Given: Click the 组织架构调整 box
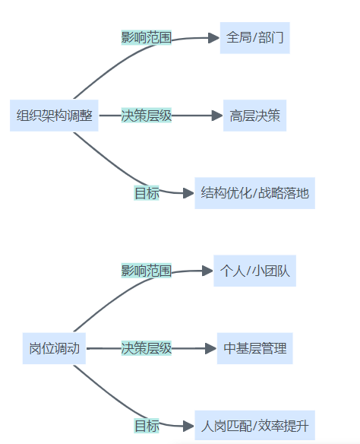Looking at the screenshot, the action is point(54,116).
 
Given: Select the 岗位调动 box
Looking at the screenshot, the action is point(54,348).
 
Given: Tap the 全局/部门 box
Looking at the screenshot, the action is point(254,38).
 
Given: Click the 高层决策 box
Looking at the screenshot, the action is point(254,116).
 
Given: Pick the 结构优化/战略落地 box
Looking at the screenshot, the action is point(254,193).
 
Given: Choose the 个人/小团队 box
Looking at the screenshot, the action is point(254,271).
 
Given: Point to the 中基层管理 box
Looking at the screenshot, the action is point(254,348).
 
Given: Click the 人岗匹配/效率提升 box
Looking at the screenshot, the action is point(254,426).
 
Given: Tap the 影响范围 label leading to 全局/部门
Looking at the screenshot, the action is point(147,37).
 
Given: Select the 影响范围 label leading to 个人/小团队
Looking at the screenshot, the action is point(147,271).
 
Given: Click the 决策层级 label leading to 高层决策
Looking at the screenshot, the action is point(147,116).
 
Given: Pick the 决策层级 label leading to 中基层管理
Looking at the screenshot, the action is point(147,348).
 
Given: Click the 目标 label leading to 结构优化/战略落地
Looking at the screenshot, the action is point(147,193).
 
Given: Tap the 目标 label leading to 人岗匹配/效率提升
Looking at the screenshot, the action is point(147,426).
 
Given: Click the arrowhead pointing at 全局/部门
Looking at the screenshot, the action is point(213,38).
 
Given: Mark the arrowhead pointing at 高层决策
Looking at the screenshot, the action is point(217,116).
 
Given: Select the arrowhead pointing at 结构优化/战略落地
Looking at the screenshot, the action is point(188,193).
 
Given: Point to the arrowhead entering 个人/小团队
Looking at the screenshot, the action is point(207,271).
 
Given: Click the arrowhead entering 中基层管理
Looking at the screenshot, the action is point(211,348).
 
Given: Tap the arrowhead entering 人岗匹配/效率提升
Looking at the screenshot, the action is point(188,426).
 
